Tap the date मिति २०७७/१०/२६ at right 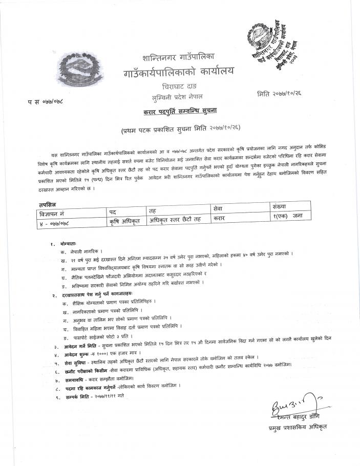point(284,95)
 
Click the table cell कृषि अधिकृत point(125,221)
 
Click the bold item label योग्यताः point(68,245)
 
